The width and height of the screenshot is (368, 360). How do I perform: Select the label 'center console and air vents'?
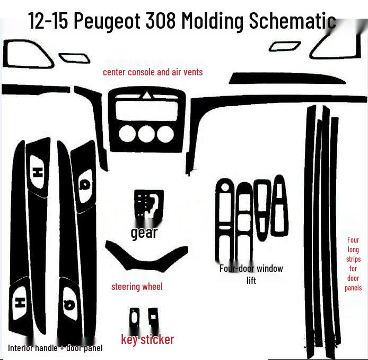[153, 72]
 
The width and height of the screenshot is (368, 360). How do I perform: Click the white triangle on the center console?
[146, 96]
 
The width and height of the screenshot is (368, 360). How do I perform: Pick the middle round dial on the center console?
[146, 133]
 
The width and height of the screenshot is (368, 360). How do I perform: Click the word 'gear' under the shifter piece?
[144, 232]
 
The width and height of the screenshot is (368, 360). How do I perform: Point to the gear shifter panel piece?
[148, 204]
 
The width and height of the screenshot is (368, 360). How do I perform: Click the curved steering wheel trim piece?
[146, 256]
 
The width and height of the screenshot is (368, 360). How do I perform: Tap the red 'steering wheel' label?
[137, 287]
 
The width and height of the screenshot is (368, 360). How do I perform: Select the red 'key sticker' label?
[147, 339]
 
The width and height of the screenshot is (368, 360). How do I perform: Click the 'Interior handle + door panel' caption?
[55, 348]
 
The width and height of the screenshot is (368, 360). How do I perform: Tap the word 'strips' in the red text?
[353, 259]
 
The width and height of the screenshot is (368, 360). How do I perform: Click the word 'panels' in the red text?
[353, 288]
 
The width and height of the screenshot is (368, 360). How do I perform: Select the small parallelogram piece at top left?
[71, 57]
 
